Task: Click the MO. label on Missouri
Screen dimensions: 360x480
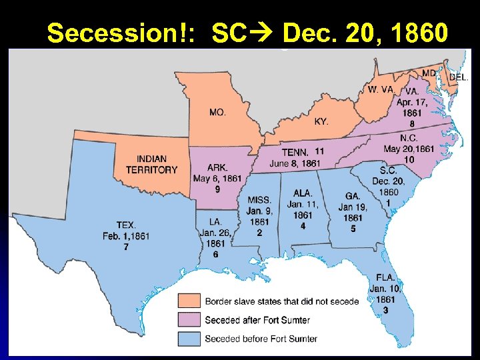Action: [x=217, y=113]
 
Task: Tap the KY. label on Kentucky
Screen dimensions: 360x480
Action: [x=321, y=121]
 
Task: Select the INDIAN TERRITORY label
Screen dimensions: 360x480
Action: [x=152, y=165]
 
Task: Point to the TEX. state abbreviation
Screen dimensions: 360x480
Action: [x=125, y=225]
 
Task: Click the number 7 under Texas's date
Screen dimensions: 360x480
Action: [x=126, y=247]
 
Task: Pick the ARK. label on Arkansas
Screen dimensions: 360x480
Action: [x=217, y=167]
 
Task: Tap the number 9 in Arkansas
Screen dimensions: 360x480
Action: [x=217, y=189]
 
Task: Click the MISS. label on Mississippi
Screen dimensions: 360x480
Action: [x=259, y=200]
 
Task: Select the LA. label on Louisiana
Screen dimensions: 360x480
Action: [x=215, y=221]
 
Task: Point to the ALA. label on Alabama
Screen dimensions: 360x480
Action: [x=303, y=193]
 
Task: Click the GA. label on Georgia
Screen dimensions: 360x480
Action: [x=353, y=196]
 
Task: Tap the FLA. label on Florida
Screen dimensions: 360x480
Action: [x=385, y=277]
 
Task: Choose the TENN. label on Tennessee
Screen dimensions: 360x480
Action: [x=295, y=152]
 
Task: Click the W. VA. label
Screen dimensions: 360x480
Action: [x=381, y=89]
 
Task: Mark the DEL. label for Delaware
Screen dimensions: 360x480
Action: [x=459, y=77]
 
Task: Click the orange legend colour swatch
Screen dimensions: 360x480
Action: [x=189, y=301]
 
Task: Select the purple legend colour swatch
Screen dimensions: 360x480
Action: [x=189, y=320]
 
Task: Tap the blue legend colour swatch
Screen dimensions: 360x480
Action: [x=189, y=339]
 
